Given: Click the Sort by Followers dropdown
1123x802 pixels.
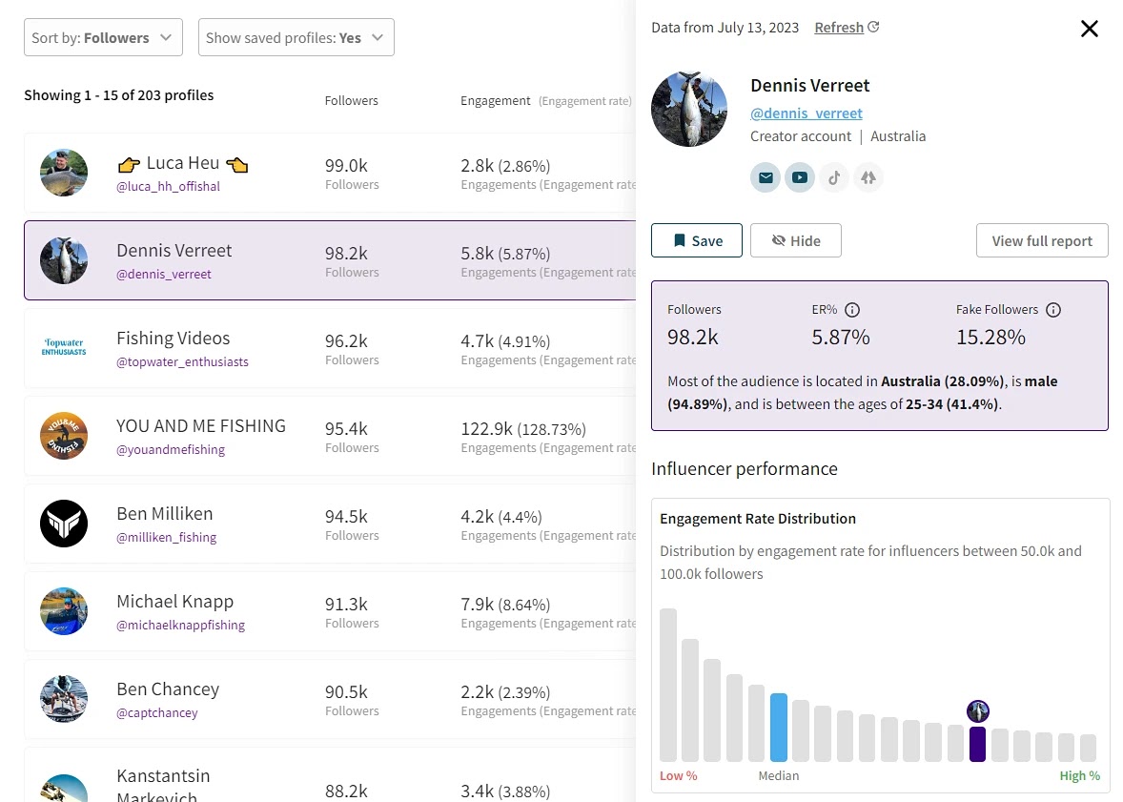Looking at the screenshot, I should (103, 38).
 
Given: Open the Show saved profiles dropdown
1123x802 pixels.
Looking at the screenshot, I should (296, 38).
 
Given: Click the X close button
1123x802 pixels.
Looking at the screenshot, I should (1089, 29).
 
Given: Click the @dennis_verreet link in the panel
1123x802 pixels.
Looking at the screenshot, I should (806, 113).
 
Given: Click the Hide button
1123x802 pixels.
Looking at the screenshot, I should (795, 241).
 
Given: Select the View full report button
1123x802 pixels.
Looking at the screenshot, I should (1041, 241).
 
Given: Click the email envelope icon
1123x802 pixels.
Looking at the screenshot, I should (766, 177).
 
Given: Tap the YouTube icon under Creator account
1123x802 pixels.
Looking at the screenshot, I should (799, 177).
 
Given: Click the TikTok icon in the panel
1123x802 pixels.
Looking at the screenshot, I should (833, 177).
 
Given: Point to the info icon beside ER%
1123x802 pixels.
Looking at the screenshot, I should (852, 310).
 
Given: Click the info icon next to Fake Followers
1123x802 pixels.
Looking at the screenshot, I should (1052, 310).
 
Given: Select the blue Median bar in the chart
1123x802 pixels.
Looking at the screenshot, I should (779, 728).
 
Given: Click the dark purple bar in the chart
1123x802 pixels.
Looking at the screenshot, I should (977, 744).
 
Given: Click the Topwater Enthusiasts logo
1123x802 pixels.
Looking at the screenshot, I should (64, 346).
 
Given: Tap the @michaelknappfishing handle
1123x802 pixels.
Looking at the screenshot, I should (180, 626).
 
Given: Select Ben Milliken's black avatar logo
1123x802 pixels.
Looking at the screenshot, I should (64, 524).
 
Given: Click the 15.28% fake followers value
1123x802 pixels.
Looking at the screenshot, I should (990, 337).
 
